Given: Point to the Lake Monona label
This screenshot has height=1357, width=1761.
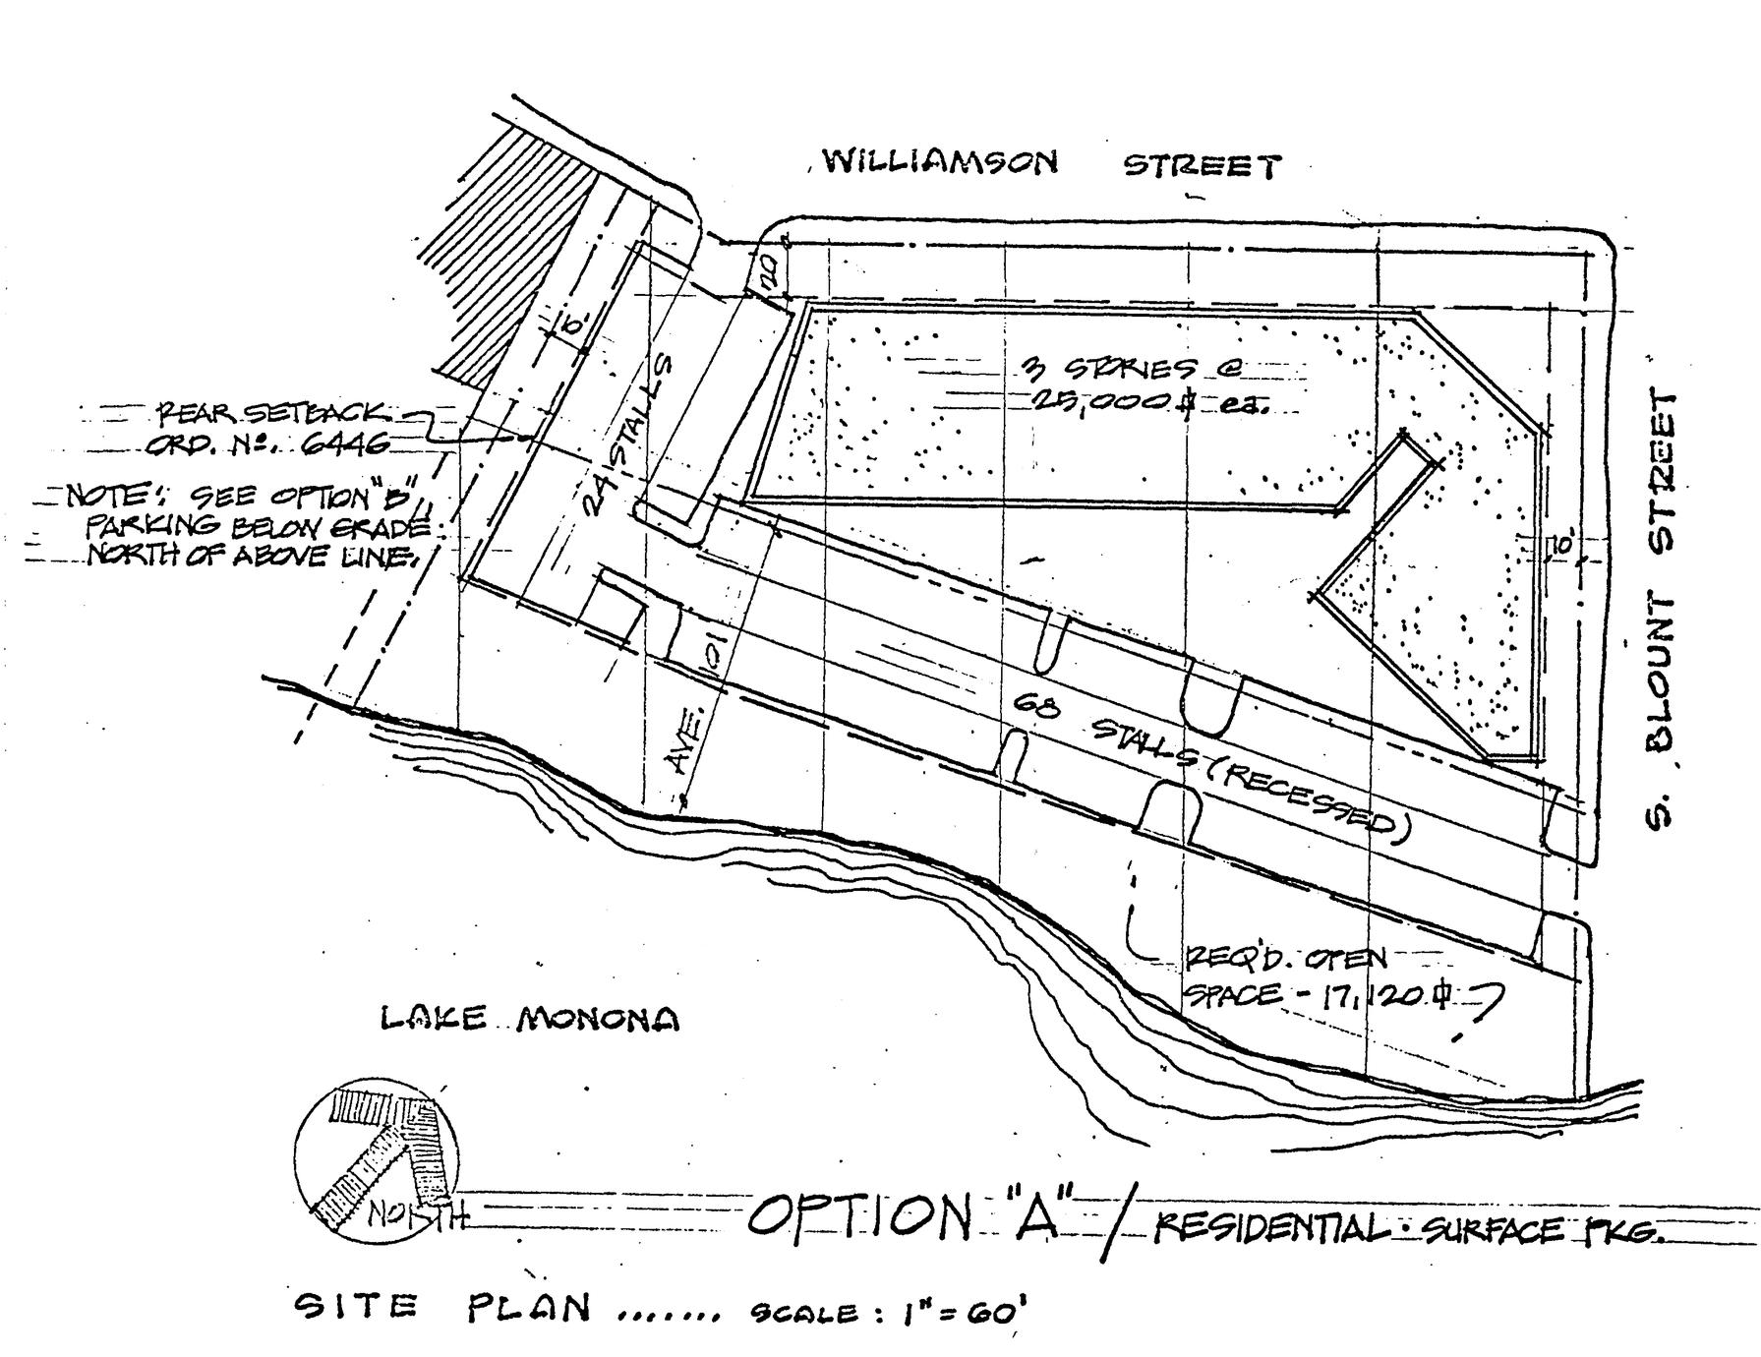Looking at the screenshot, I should click(530, 1019).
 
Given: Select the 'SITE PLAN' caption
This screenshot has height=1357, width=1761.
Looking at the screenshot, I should click(443, 1307).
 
